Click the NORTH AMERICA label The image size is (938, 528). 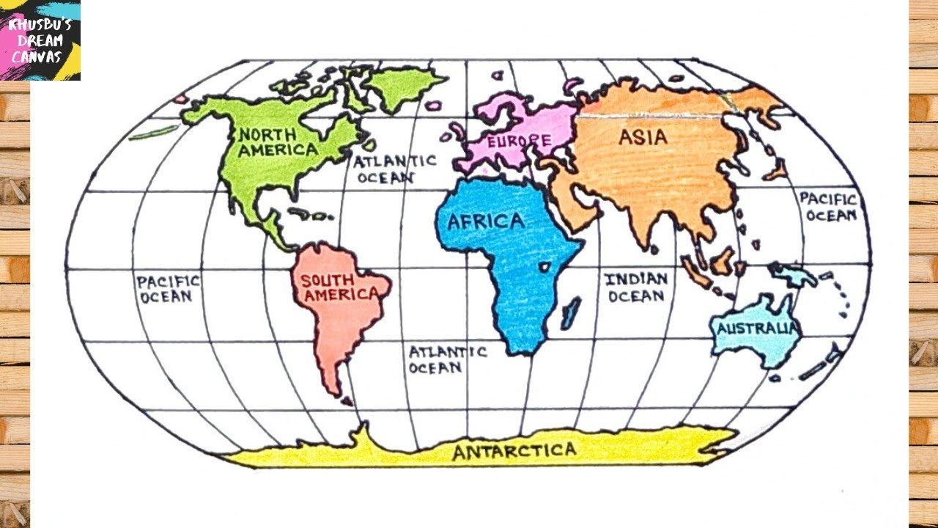coord(278,142)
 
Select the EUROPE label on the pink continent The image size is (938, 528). coord(518,139)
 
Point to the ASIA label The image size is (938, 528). coord(643,137)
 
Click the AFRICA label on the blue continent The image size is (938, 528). coord(486,221)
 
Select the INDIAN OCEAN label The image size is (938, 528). coord(635,287)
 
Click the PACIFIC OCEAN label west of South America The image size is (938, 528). coord(168,288)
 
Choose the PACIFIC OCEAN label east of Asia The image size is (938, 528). coord(827,206)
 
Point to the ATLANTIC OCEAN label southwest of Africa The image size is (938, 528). coord(446,359)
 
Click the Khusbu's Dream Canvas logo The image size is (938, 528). coord(40,40)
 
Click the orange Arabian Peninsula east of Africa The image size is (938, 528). coord(576,202)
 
